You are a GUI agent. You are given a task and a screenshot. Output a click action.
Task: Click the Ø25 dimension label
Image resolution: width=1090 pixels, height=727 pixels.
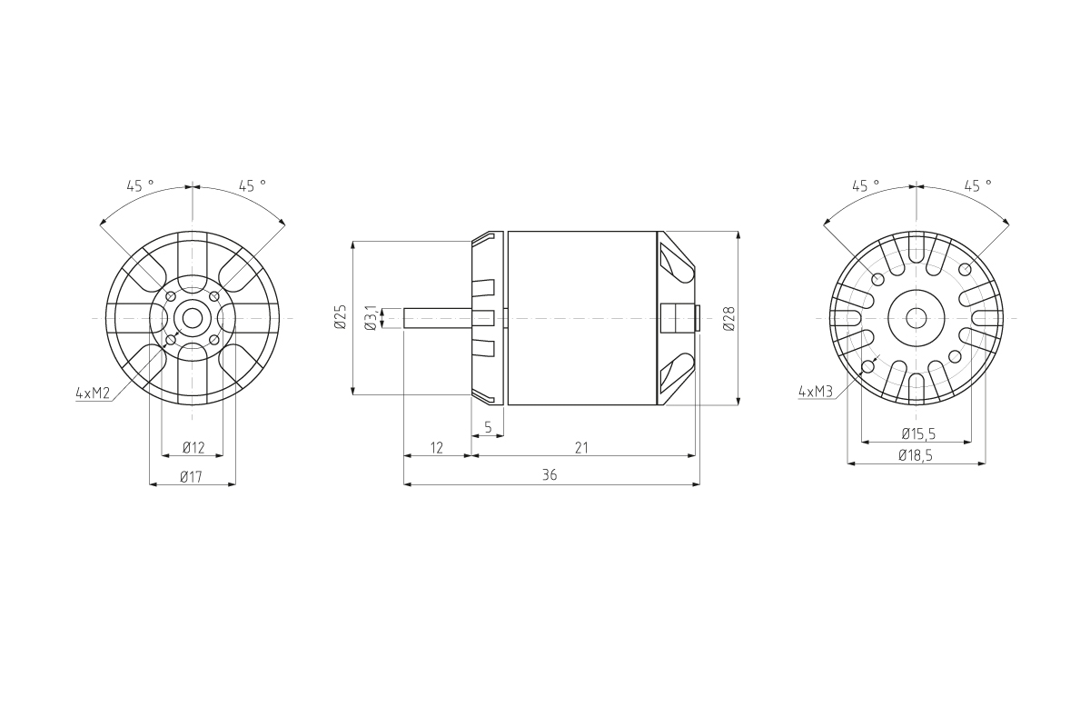click(x=341, y=317)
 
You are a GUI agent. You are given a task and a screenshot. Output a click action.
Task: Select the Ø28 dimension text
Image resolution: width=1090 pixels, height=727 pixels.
click(x=728, y=317)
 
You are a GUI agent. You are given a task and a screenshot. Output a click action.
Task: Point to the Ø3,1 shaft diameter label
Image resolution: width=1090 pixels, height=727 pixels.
click(x=371, y=317)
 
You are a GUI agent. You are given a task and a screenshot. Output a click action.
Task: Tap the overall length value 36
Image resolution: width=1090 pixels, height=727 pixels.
click(x=550, y=475)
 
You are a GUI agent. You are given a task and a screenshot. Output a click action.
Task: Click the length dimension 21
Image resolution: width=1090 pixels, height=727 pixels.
click(x=582, y=447)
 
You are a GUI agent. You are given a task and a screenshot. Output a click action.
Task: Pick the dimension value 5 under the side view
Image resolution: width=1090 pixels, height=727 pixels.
click(x=488, y=426)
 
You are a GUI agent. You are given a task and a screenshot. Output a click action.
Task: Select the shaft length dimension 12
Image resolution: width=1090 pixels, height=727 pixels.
click(x=436, y=447)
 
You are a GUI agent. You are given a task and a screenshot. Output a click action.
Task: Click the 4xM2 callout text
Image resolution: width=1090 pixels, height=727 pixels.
click(x=93, y=393)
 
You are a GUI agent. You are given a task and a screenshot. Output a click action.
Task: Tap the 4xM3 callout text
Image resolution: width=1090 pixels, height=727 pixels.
click(x=815, y=392)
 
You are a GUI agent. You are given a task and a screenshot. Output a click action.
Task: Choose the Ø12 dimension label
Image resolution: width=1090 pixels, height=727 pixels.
click(x=193, y=447)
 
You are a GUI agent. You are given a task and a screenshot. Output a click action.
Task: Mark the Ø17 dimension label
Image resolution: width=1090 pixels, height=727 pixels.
click(x=191, y=476)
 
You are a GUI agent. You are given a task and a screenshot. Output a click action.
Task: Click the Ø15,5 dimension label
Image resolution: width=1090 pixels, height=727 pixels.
click(x=918, y=433)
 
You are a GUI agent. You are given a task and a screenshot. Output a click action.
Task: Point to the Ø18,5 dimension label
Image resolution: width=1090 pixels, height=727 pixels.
click(x=916, y=455)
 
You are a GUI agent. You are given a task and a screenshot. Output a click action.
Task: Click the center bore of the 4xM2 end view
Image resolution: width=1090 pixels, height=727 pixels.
click(x=193, y=318)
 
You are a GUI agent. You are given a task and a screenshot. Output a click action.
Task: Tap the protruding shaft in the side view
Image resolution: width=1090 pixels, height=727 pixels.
click(x=437, y=318)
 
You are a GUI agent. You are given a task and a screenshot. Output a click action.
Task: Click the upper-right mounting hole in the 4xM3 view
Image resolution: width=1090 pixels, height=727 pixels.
click(x=964, y=270)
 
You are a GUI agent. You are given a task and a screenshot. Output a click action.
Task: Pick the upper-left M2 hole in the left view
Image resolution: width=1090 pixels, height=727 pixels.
click(x=171, y=296)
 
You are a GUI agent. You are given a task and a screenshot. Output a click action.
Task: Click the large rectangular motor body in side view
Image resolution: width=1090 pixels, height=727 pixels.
click(x=581, y=318)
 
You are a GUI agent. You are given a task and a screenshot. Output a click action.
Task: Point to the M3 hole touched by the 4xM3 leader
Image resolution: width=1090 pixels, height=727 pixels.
click(x=868, y=367)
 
